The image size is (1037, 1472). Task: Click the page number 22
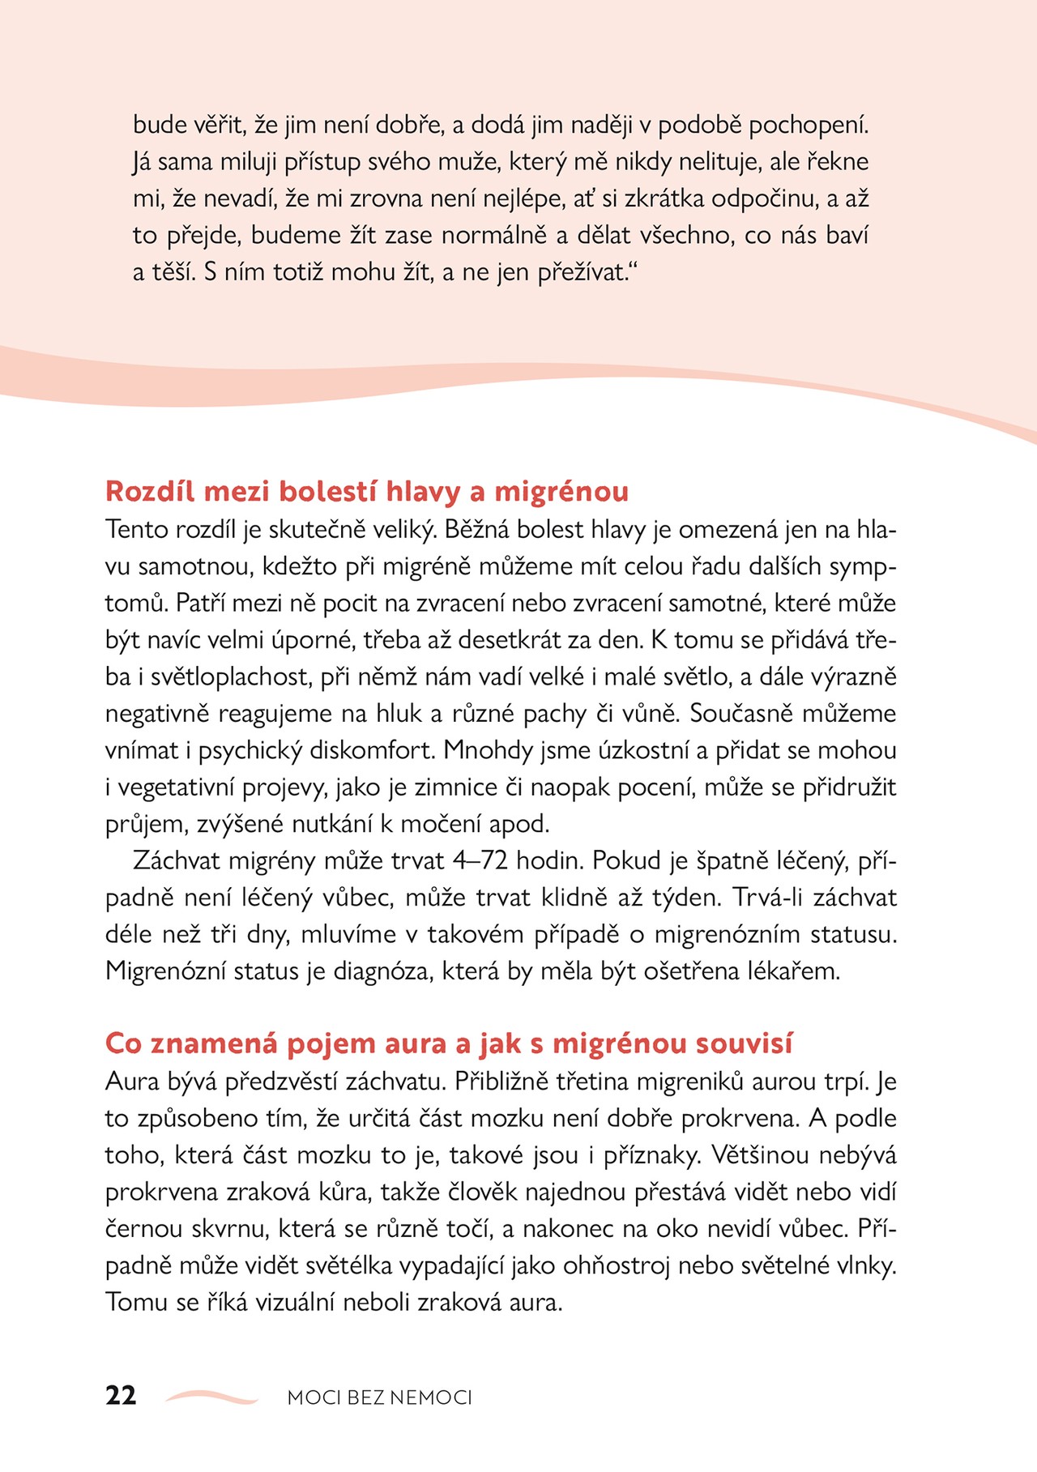pyautogui.click(x=121, y=1395)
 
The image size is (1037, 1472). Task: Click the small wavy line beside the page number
pyautogui.click(x=211, y=1396)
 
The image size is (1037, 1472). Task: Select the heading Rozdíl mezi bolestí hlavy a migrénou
pyautogui.click(x=367, y=492)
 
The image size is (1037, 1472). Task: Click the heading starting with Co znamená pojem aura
pyautogui.click(x=449, y=1043)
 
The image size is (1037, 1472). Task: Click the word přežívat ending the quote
pyautogui.click(x=583, y=272)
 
